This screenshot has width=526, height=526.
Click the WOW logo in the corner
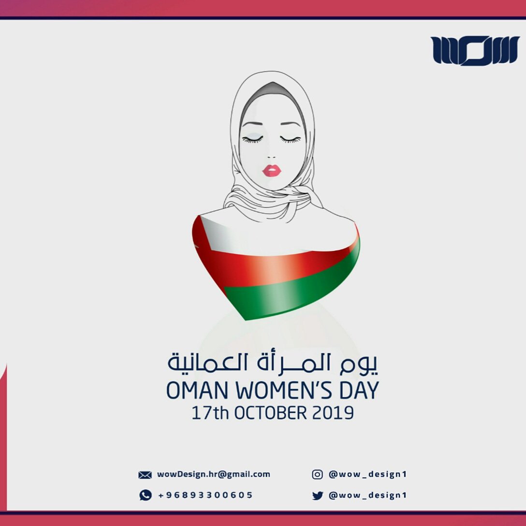pyautogui.click(x=468, y=50)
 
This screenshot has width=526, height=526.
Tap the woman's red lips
pyautogui.click(x=272, y=170)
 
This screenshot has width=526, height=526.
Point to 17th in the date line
pyautogui.click(x=211, y=413)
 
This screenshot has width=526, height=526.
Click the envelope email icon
pyautogui.click(x=145, y=475)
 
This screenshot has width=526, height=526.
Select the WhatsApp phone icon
pyautogui.click(x=146, y=495)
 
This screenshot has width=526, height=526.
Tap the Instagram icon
pyautogui.click(x=317, y=474)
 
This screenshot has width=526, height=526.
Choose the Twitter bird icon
pyautogui.click(x=317, y=495)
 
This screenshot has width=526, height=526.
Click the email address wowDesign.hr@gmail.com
pyautogui.click(x=213, y=474)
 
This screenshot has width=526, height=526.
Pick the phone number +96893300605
pyautogui.click(x=205, y=495)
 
